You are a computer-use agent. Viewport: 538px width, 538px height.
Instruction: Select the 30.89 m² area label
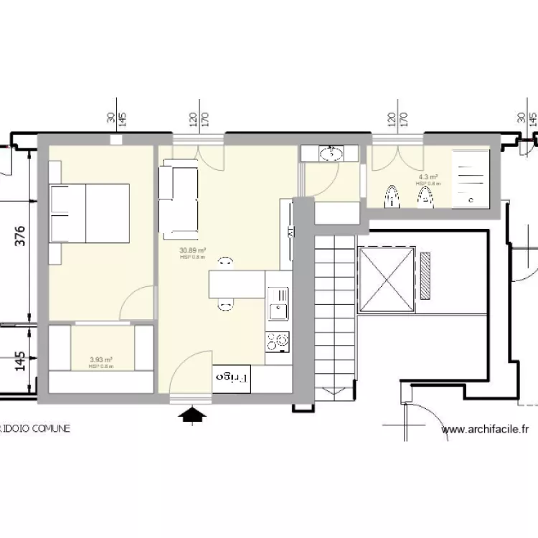click(193, 251)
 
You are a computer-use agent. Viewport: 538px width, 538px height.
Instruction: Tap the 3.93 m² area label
click(101, 361)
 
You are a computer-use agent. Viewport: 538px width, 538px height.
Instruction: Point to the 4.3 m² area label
click(429, 177)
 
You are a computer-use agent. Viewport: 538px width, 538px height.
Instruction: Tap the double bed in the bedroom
click(89, 213)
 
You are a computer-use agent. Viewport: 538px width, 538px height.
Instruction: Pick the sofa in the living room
click(178, 202)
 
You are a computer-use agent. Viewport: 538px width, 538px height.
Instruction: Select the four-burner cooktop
click(277, 340)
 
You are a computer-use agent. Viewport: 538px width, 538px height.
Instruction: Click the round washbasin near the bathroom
click(331, 153)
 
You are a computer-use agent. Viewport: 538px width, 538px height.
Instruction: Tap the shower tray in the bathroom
click(471, 176)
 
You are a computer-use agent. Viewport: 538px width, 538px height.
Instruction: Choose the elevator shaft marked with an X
click(387, 278)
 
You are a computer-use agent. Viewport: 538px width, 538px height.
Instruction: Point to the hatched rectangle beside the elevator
click(427, 275)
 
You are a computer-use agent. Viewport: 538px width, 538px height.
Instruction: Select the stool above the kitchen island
click(225, 263)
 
